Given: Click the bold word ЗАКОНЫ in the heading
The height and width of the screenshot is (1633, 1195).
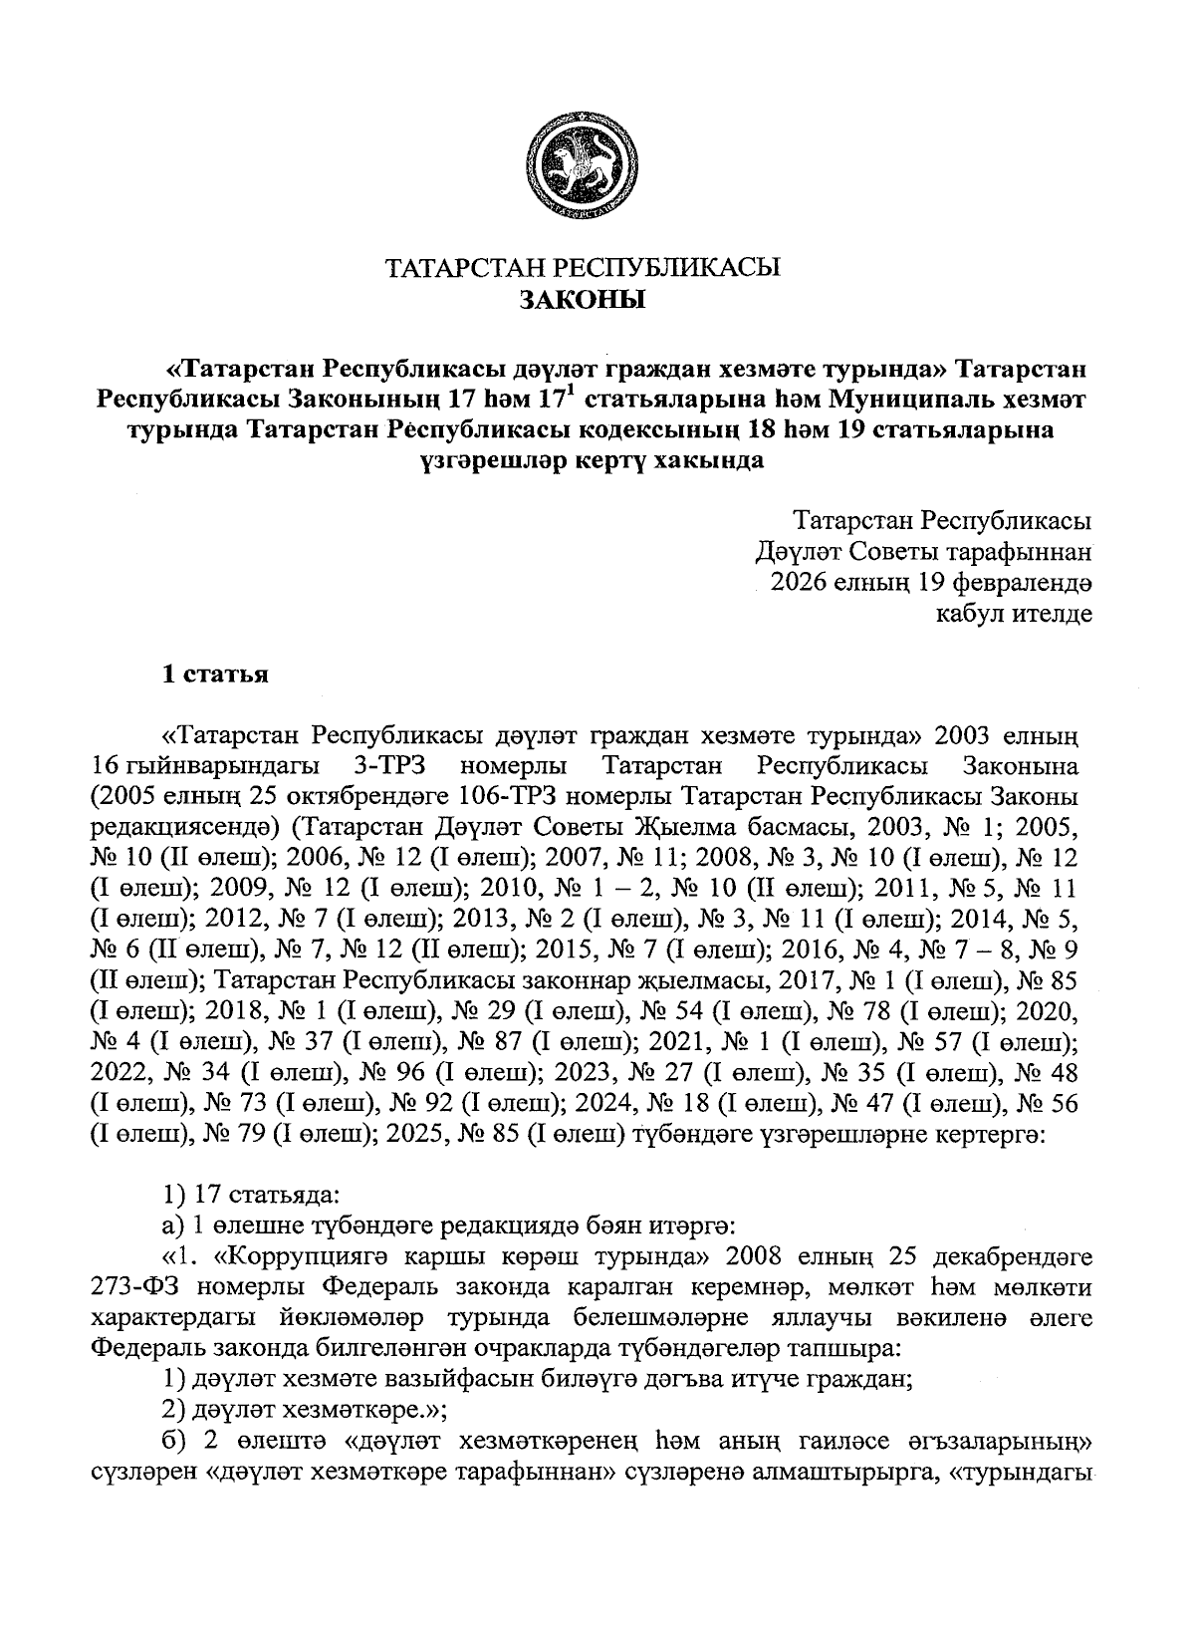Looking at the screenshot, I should tap(585, 299).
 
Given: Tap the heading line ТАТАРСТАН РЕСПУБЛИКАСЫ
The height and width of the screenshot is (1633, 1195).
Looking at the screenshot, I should tap(585, 268).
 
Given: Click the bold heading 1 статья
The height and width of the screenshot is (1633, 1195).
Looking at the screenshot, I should tap(216, 675).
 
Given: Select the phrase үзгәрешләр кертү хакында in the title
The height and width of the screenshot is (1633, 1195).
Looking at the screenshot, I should tap(591, 462).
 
